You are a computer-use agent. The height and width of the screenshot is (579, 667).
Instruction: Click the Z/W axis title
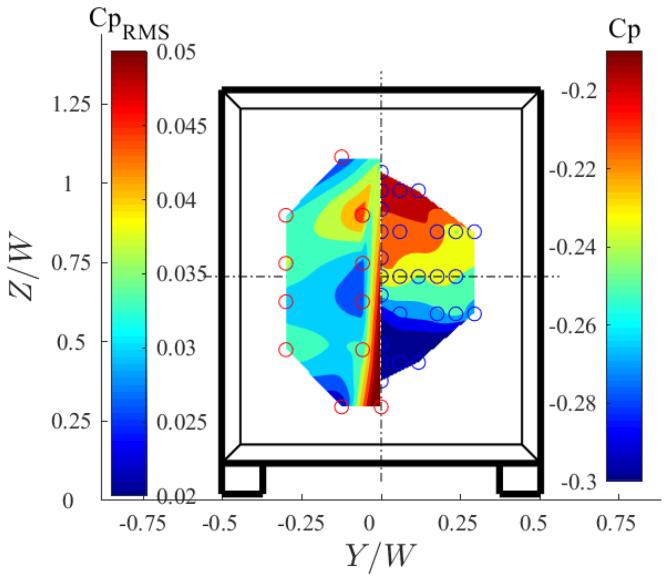(22, 267)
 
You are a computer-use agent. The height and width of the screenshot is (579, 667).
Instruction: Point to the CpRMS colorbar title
(129, 24)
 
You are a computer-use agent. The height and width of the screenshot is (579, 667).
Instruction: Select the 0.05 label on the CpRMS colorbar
(176, 52)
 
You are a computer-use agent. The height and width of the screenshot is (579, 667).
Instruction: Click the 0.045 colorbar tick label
(181, 126)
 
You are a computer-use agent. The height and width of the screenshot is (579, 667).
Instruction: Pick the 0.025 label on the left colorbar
(181, 422)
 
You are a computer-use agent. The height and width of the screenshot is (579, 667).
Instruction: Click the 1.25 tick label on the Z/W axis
(71, 104)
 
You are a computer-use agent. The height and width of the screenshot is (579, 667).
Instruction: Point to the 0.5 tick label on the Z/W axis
(71, 342)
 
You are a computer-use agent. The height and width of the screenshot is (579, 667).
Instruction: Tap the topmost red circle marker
(342, 156)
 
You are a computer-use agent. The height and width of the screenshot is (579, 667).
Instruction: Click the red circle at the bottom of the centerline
(381, 407)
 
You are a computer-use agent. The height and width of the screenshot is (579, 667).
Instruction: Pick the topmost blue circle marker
(383, 171)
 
